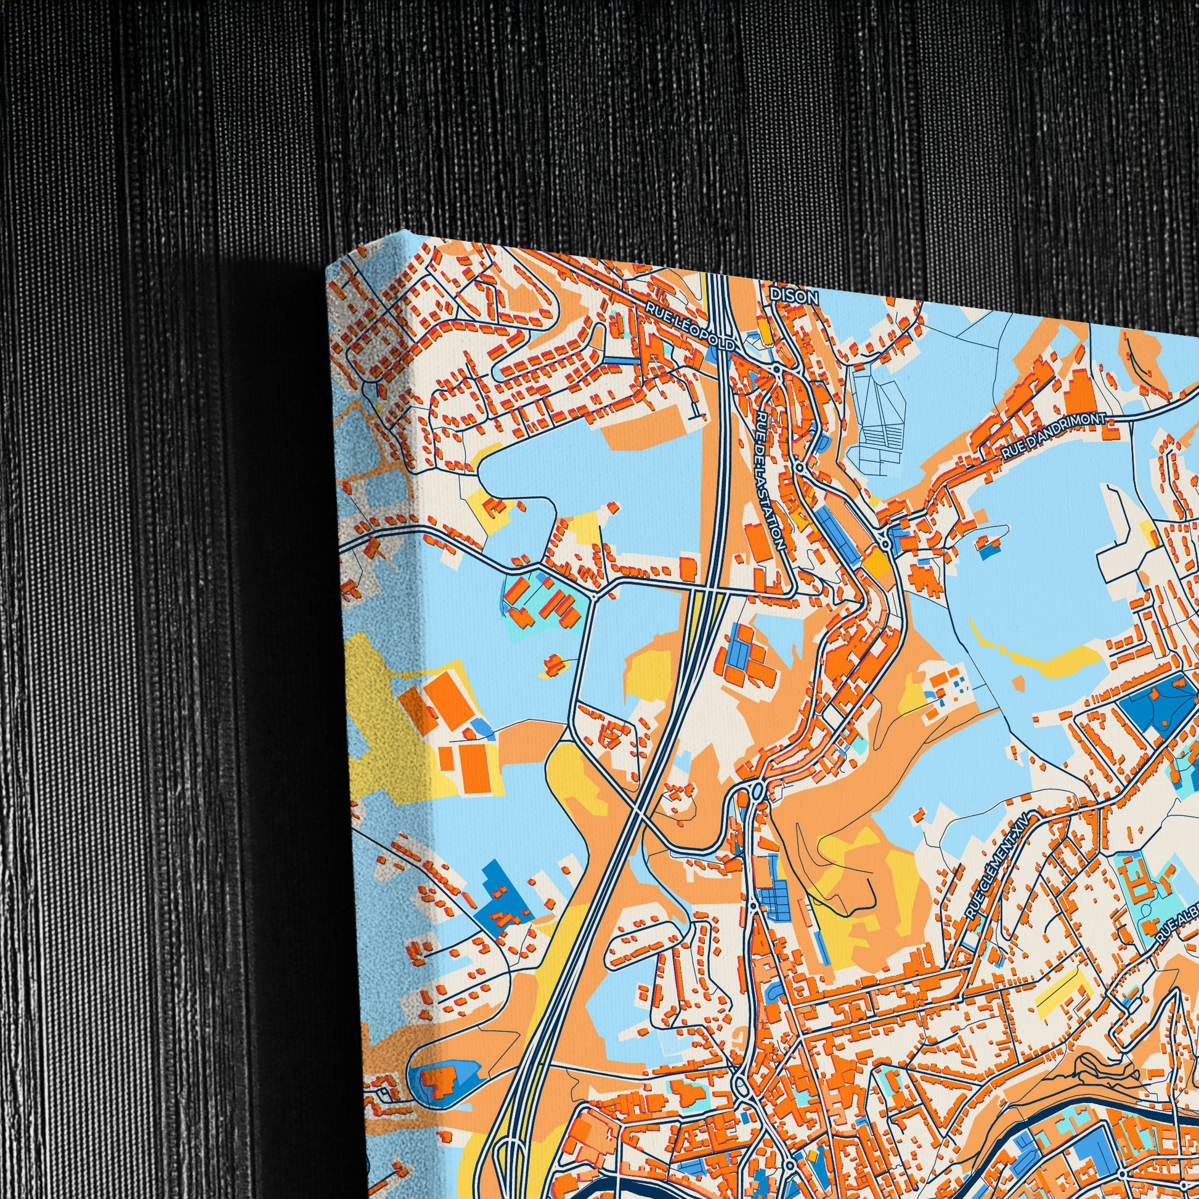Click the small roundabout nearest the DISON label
[776, 368]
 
